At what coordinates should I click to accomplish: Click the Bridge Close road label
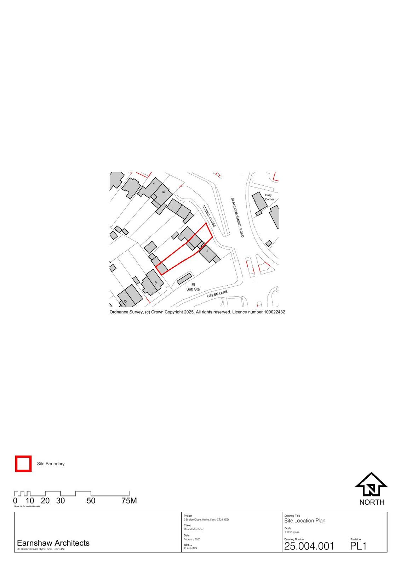pos(209,216)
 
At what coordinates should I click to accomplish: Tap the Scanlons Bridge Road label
pos(237,218)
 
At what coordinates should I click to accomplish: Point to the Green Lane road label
pos(217,294)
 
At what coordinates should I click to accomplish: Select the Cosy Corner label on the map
pos(269,197)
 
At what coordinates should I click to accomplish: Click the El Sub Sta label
pos(193,287)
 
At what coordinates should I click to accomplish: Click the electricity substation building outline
pos(184,279)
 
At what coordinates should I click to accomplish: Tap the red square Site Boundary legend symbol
pos(23,464)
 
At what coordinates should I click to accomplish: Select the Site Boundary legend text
pos(51,464)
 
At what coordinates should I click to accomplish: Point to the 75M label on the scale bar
pos(129,501)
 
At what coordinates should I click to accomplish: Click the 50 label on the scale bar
pos(91,501)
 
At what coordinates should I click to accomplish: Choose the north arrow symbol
pos(371,485)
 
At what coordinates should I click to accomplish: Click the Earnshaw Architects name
pos(53,543)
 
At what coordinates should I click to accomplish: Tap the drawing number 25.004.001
pos(309,546)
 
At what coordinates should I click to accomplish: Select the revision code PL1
pos(358,546)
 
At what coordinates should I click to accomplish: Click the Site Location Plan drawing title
pos(305,521)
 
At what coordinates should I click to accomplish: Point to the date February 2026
pos(192,539)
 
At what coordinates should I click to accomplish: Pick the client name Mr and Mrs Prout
pos(194,529)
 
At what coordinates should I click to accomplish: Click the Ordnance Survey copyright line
pos(197,312)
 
